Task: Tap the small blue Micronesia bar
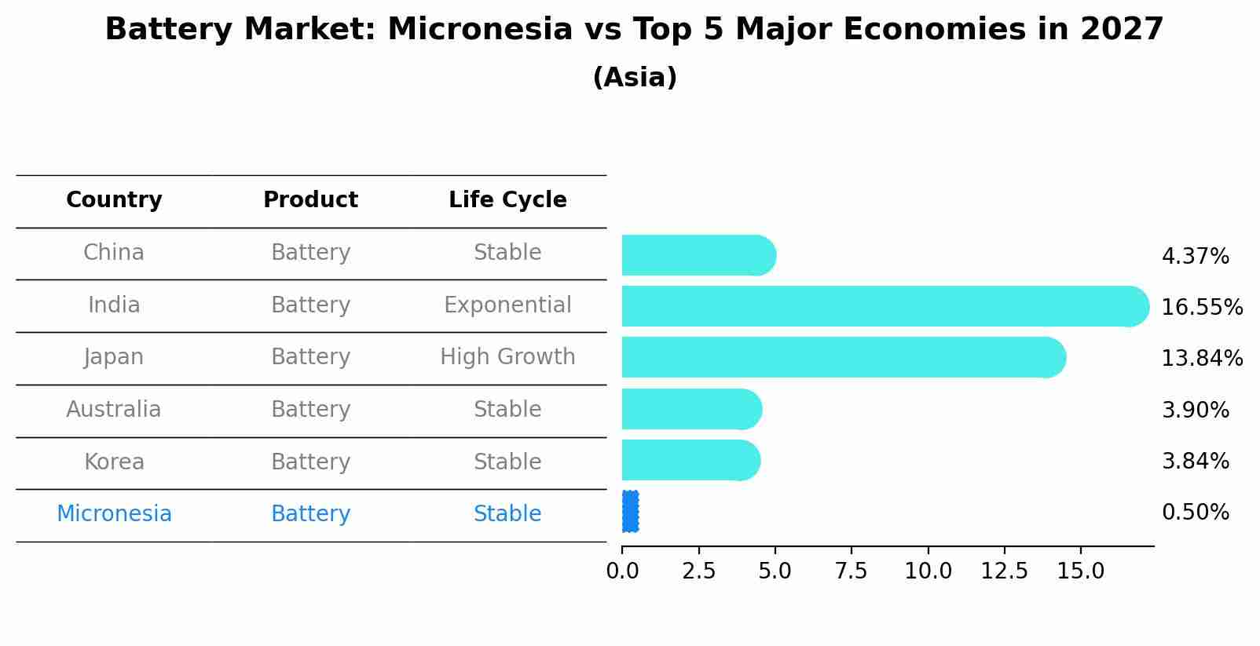630,512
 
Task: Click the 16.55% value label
1202,307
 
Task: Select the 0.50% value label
1195,513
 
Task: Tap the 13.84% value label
1202,358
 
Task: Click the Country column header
114,200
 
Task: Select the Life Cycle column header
507,200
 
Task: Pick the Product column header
310,200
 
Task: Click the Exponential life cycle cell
507,305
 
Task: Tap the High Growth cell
507,357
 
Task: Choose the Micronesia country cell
114,514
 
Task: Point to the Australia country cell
114,410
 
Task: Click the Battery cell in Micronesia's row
310,514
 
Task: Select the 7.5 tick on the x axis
852,571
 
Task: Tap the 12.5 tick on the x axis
1004,571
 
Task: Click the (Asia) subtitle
635,78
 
